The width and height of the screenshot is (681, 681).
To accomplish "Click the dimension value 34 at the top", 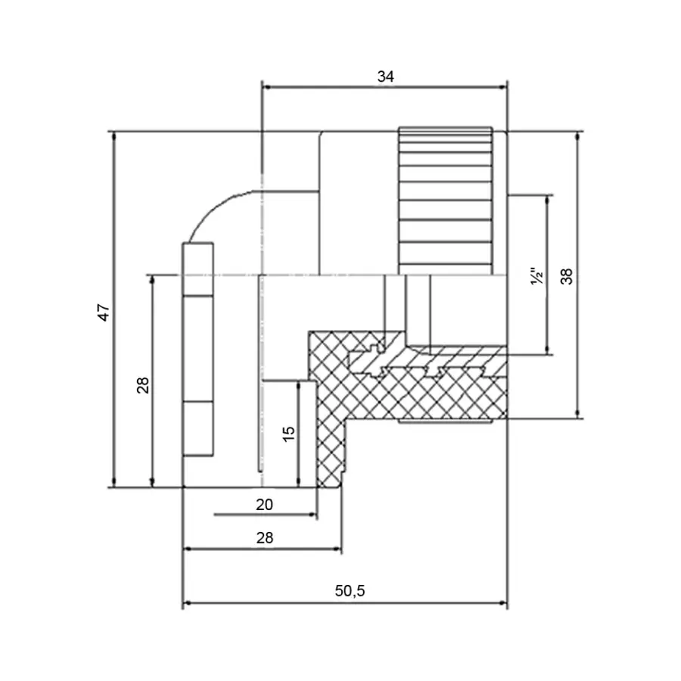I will tap(386, 76).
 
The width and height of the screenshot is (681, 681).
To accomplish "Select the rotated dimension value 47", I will tap(104, 312).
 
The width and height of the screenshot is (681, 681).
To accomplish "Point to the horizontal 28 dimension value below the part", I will tap(264, 537).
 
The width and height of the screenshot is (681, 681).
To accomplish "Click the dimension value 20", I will tap(264, 504).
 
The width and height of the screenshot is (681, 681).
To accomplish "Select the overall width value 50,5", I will tap(350, 591).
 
